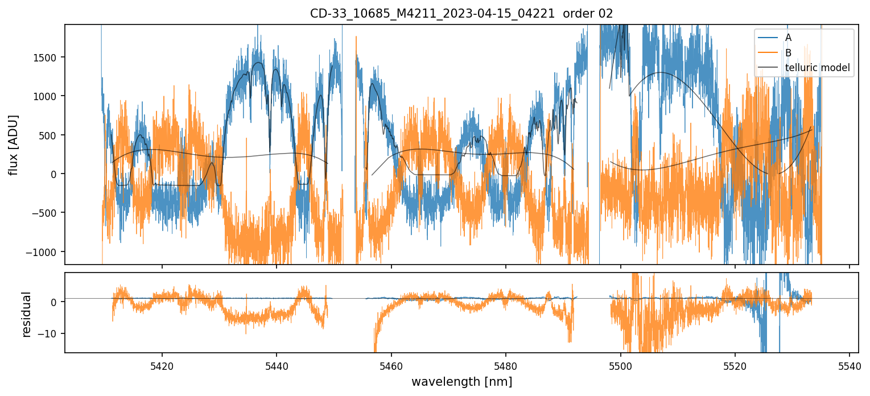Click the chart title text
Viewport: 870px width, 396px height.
tap(461, 14)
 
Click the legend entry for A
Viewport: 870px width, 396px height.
tap(788, 38)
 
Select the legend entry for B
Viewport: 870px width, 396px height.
tap(788, 53)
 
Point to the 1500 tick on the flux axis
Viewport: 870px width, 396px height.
tap(48, 57)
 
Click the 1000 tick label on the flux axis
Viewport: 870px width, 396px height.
tap(48, 96)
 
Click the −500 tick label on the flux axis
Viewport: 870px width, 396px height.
tap(47, 213)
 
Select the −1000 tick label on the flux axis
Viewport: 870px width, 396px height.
tap(45, 252)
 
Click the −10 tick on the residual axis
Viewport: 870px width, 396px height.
tap(50, 333)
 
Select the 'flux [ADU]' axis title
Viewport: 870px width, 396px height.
tap(13, 145)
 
